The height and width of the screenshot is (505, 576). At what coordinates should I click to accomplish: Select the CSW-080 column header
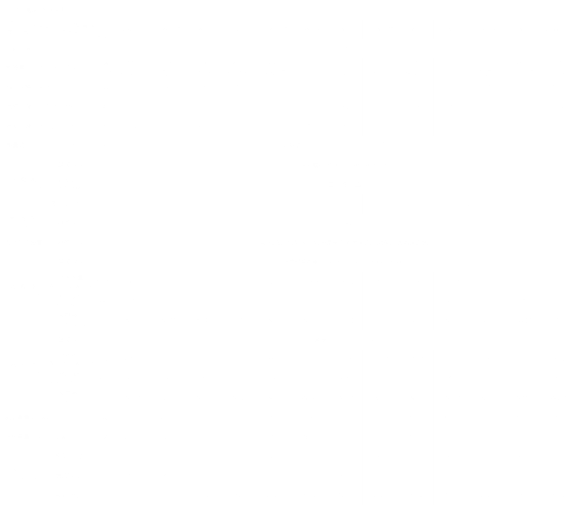[131, 29]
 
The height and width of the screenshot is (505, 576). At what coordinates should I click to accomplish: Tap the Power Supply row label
[32, 49]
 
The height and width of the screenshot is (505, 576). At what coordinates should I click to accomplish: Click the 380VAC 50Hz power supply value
[344, 49]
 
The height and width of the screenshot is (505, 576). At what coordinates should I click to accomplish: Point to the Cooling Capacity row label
[41, 68]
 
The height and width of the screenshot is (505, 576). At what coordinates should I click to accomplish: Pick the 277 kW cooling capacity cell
[131, 63]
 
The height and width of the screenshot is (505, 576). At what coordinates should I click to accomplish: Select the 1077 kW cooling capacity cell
[557, 63]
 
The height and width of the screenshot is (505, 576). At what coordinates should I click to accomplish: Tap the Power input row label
[35, 87]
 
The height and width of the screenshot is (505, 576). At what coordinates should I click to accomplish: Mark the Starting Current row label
[42, 126]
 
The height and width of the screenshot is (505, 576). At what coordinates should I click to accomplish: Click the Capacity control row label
[43, 145]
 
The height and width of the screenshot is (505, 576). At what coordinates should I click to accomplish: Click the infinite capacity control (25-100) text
[345, 146]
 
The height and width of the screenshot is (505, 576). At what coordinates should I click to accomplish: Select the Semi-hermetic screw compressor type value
[345, 165]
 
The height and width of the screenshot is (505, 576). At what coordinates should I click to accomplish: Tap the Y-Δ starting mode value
[344, 185]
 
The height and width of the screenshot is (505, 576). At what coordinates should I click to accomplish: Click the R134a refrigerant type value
[344, 223]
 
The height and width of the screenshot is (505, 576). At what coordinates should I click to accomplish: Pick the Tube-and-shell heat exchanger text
[344, 262]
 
